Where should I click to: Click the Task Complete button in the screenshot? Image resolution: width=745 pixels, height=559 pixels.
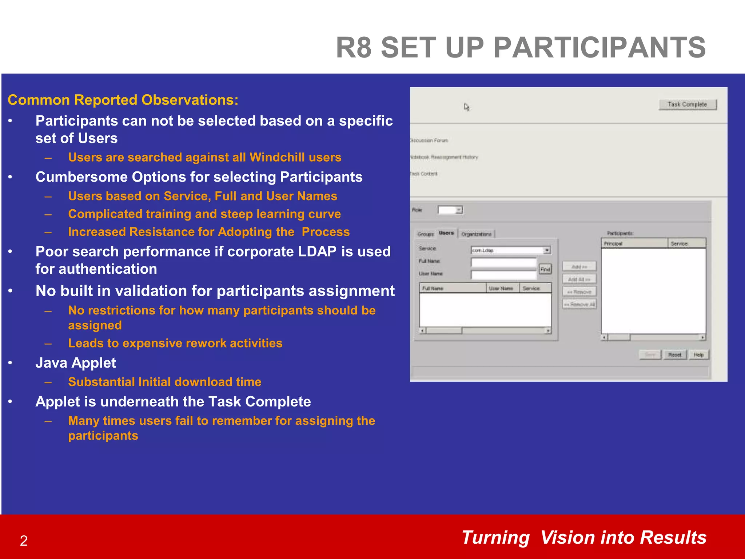point(687,104)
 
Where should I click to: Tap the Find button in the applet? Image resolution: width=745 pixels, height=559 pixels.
point(545,269)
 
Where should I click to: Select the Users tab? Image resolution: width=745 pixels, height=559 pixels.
point(446,233)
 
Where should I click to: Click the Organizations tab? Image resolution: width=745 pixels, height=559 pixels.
point(476,234)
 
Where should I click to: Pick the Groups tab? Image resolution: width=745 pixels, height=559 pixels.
point(426,234)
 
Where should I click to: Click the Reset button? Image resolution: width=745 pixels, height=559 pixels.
point(675,354)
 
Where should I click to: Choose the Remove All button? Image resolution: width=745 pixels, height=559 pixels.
point(579,304)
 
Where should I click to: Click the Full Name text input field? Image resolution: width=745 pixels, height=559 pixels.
point(503,262)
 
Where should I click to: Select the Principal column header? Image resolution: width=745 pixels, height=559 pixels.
point(634,243)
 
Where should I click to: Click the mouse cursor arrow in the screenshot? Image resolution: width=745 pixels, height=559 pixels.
point(466,107)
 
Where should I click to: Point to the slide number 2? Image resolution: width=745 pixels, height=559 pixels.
point(24,541)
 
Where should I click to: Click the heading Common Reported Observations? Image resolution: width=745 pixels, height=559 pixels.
point(123,100)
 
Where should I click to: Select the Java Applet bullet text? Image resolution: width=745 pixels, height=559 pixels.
point(76,363)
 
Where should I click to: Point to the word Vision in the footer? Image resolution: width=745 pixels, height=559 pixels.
point(567,538)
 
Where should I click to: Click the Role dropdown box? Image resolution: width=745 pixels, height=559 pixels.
point(450,210)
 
